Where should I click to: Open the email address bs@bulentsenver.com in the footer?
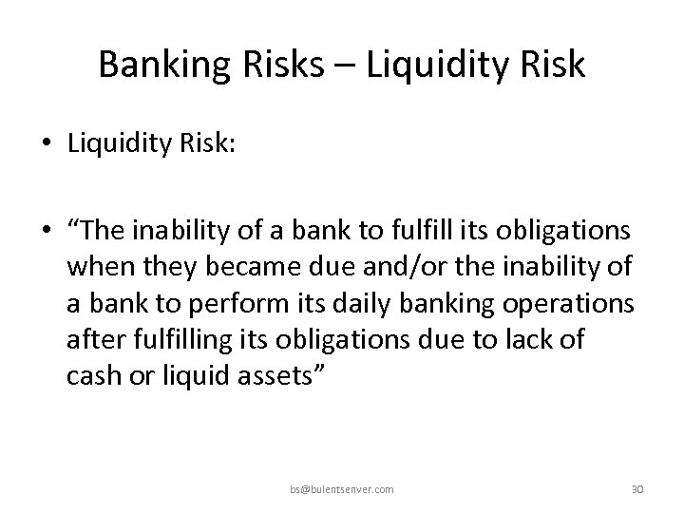click(342, 488)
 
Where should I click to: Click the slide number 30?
click(637, 488)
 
